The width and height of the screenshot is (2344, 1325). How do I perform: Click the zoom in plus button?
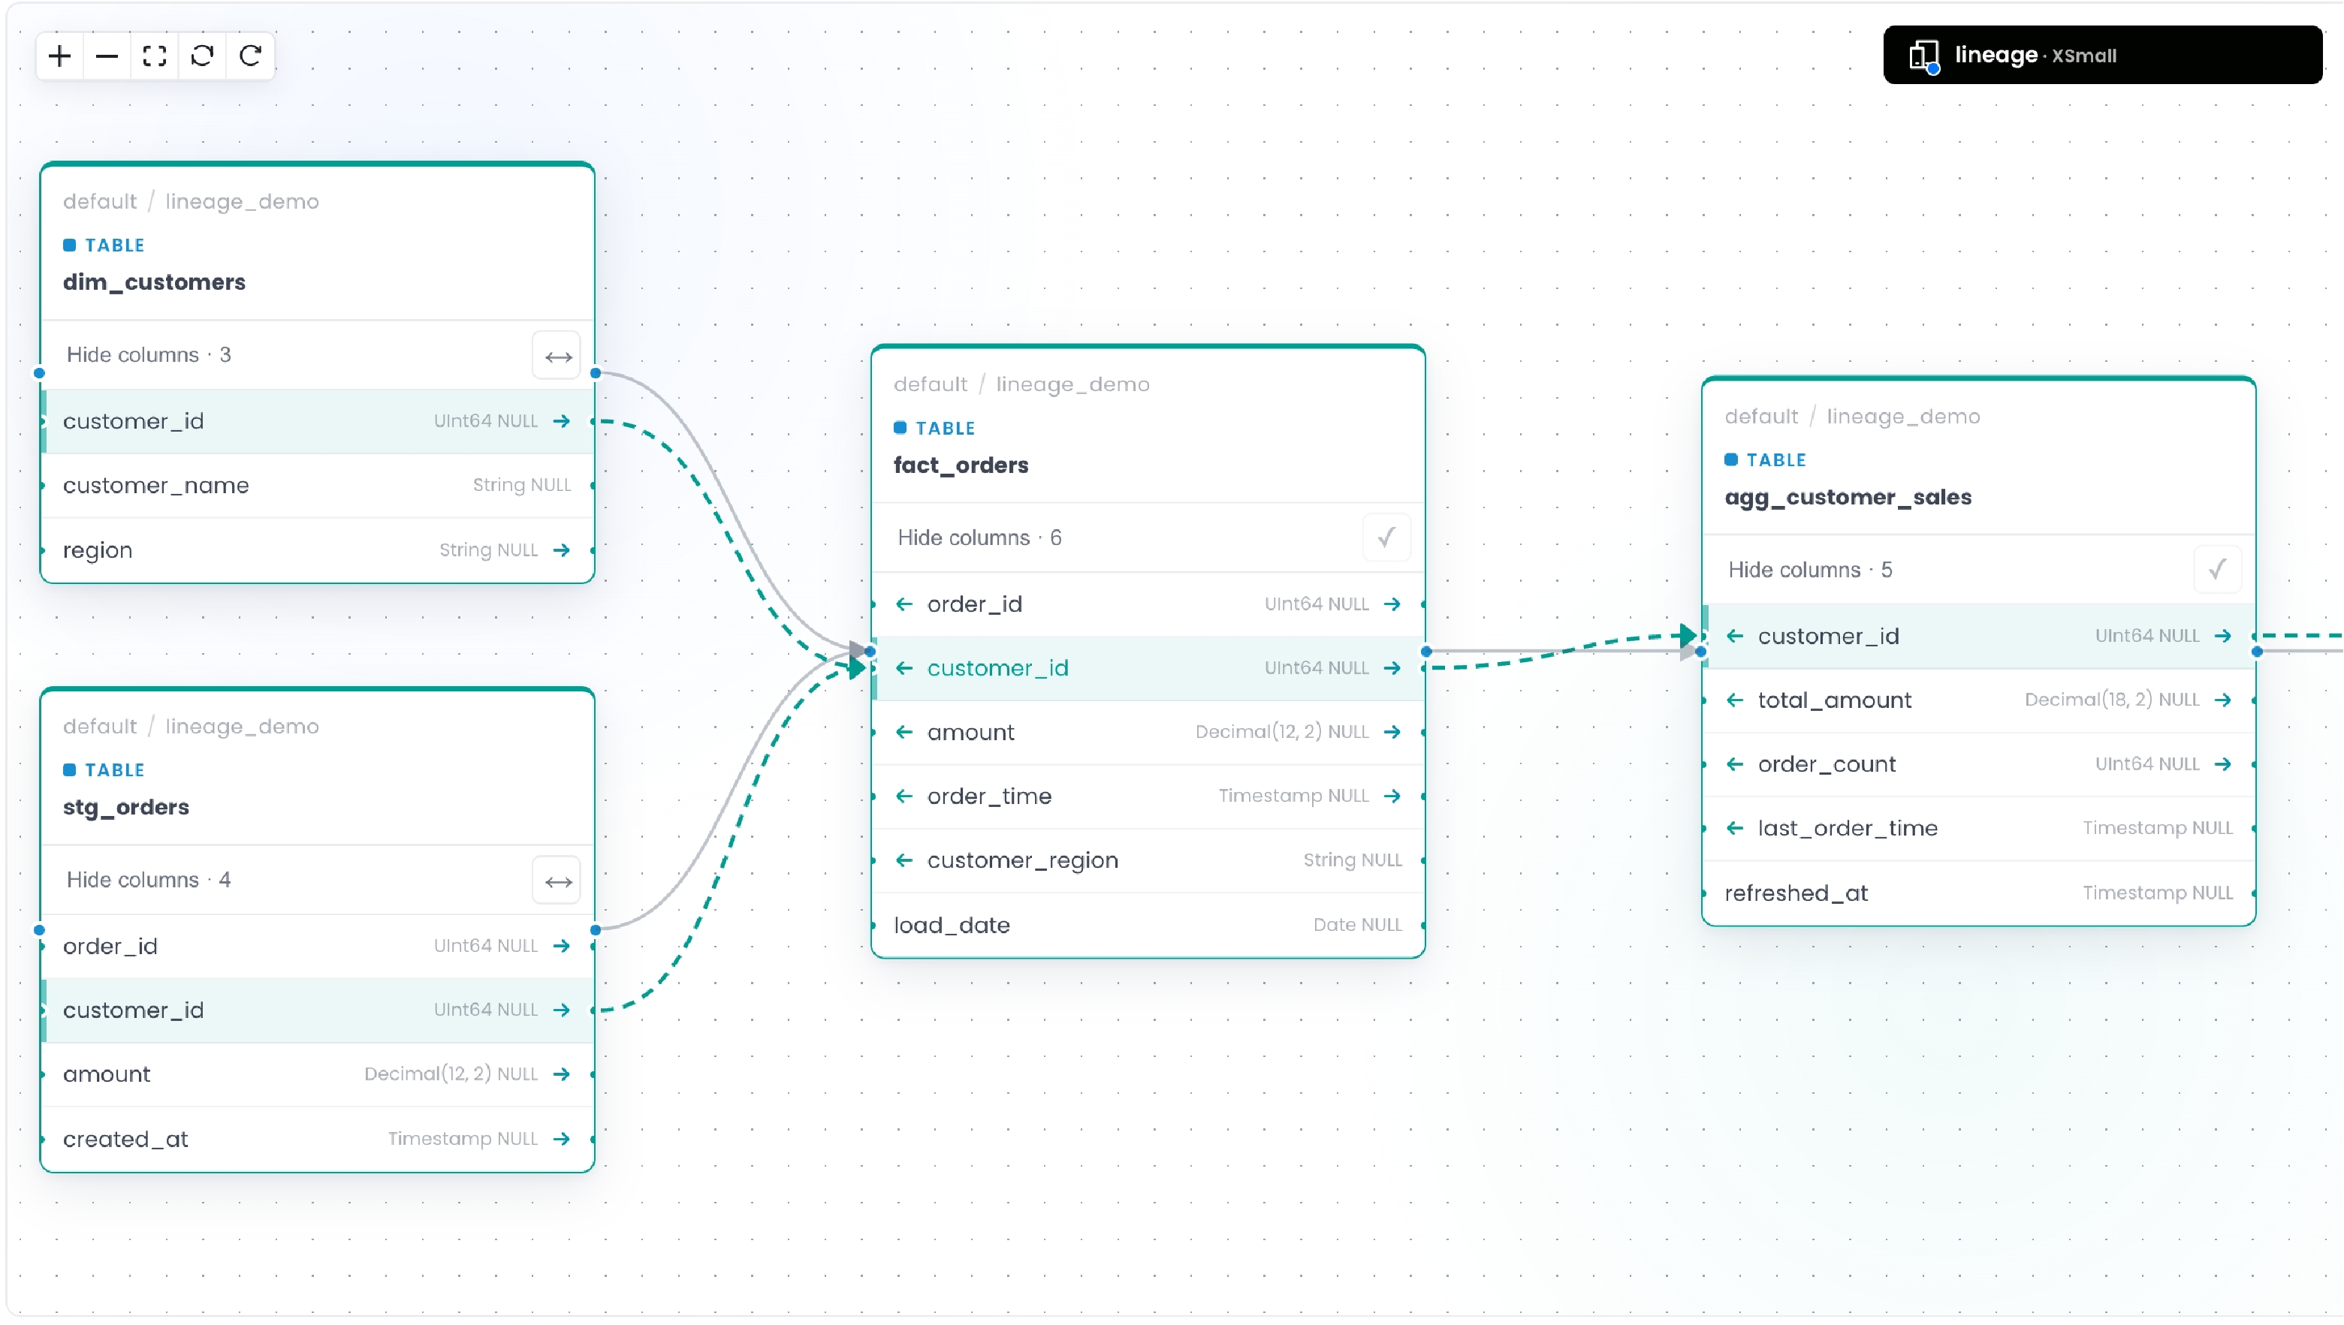(x=60, y=56)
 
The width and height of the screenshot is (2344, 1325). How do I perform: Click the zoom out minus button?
(x=107, y=56)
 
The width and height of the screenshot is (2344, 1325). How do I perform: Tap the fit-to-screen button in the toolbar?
(x=155, y=56)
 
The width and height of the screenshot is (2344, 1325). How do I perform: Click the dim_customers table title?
(x=154, y=282)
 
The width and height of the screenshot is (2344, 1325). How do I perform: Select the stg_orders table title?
(x=125, y=807)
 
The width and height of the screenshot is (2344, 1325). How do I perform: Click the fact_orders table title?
(x=961, y=465)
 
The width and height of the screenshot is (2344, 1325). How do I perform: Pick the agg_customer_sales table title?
(x=1847, y=497)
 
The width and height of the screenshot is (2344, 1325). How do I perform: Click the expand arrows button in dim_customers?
(x=557, y=356)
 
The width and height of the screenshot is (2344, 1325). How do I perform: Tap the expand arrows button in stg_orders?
(x=557, y=881)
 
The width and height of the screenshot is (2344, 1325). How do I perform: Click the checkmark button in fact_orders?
(x=1386, y=538)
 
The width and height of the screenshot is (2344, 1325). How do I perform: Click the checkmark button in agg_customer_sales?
(x=2216, y=570)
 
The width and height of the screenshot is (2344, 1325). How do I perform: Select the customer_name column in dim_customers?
(x=155, y=485)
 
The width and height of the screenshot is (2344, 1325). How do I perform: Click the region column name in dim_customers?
(x=98, y=550)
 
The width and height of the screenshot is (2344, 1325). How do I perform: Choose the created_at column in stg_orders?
(x=125, y=1140)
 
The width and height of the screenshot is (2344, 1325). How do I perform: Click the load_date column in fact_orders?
(x=952, y=926)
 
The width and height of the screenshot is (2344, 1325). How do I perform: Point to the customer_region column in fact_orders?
(x=1022, y=861)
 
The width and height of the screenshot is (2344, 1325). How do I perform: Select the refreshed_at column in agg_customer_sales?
(x=1795, y=893)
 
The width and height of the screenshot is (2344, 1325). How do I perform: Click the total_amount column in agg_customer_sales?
(x=1833, y=700)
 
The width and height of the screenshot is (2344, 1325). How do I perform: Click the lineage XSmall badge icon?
(x=1923, y=56)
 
